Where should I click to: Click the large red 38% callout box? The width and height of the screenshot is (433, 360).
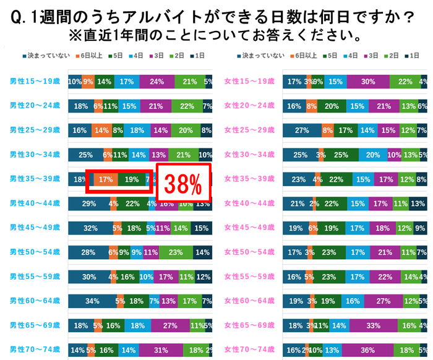point(183,183)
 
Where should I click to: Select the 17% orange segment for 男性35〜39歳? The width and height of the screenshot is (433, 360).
point(106,179)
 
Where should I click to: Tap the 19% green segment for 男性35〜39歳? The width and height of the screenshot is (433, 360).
point(131,179)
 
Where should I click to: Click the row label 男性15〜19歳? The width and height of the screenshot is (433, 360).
point(35,82)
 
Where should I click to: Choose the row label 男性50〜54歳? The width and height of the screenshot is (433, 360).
point(35,252)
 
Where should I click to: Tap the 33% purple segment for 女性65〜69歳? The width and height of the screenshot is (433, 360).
point(373,325)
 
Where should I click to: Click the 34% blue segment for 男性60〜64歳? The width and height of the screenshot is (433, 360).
point(92,301)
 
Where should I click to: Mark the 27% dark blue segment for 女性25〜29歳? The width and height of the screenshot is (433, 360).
point(302,131)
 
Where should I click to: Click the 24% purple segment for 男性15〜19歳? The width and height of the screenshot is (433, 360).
point(157,82)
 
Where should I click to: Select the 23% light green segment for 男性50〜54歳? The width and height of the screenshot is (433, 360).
point(175,252)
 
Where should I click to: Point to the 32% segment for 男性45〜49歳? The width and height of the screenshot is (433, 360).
point(90,228)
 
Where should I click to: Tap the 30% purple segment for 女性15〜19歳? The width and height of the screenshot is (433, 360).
point(368,82)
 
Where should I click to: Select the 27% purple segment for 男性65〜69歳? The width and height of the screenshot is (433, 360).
point(169,325)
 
